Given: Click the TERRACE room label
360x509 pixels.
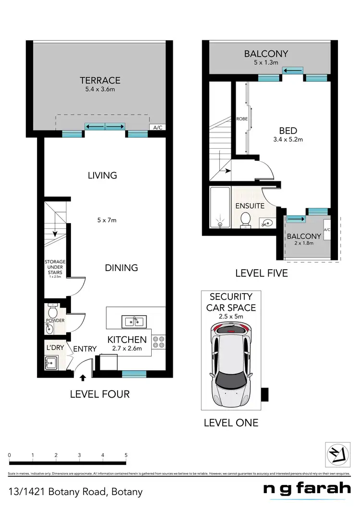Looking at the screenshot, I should pos(100,80).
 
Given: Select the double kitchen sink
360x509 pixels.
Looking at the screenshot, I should pos(131,321).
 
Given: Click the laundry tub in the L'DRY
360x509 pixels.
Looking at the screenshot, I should pos(50,364).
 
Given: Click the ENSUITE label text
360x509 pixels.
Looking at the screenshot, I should pos(250,206).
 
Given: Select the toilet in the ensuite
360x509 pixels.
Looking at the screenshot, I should pos(245,220).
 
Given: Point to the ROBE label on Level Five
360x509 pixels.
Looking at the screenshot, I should pos(241,118).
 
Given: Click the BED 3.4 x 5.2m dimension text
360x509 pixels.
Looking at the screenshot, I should pos(288,140).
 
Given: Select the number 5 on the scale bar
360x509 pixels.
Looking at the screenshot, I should pos(126,455).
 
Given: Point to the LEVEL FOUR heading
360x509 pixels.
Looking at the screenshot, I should pos(100,394).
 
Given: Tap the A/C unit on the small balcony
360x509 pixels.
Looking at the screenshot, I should pos(327,230).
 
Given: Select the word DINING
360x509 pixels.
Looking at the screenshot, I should pos(121,268).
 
